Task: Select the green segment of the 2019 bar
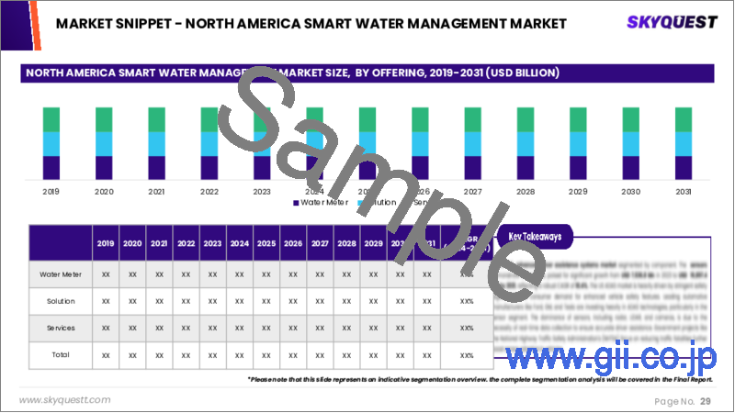click(x=51, y=119)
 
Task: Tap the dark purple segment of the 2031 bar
click(x=683, y=167)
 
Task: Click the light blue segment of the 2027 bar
click(x=472, y=144)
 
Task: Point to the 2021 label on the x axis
click(x=156, y=192)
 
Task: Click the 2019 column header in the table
click(x=107, y=244)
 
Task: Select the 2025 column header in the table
click(x=266, y=244)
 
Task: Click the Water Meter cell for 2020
click(x=133, y=273)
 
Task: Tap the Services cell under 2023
click(x=213, y=327)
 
